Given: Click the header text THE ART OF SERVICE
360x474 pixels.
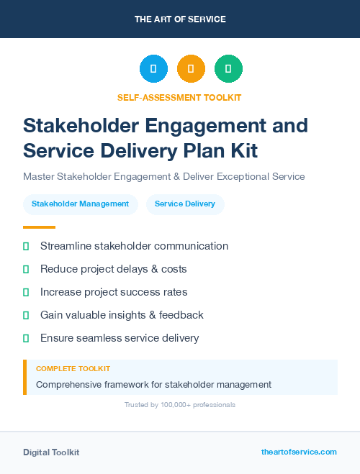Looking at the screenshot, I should point(180,19).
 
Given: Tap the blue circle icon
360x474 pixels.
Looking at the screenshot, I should point(153,69).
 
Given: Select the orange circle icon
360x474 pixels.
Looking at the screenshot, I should point(191,69).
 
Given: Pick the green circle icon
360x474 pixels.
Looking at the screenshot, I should point(228,69).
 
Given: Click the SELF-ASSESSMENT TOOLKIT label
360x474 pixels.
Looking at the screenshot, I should point(179,97).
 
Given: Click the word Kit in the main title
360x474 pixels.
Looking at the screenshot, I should point(240,150).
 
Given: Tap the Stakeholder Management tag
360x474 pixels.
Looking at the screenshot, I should point(80,204).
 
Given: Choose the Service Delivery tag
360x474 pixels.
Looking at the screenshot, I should point(185,204).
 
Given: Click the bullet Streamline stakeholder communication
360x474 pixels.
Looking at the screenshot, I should point(134,246).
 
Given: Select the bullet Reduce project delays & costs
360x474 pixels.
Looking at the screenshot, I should point(113,269).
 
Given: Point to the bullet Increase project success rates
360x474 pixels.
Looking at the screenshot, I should point(114,292).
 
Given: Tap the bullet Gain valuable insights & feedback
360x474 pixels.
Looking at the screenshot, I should point(122,315).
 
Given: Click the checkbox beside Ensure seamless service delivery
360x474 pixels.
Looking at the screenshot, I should point(26,338).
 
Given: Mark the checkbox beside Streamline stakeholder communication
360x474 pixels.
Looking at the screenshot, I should point(26,246).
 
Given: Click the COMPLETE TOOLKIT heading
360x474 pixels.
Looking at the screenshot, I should point(73,368).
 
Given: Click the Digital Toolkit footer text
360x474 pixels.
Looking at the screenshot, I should point(51,452).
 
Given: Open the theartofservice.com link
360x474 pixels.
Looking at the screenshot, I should point(299,452).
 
